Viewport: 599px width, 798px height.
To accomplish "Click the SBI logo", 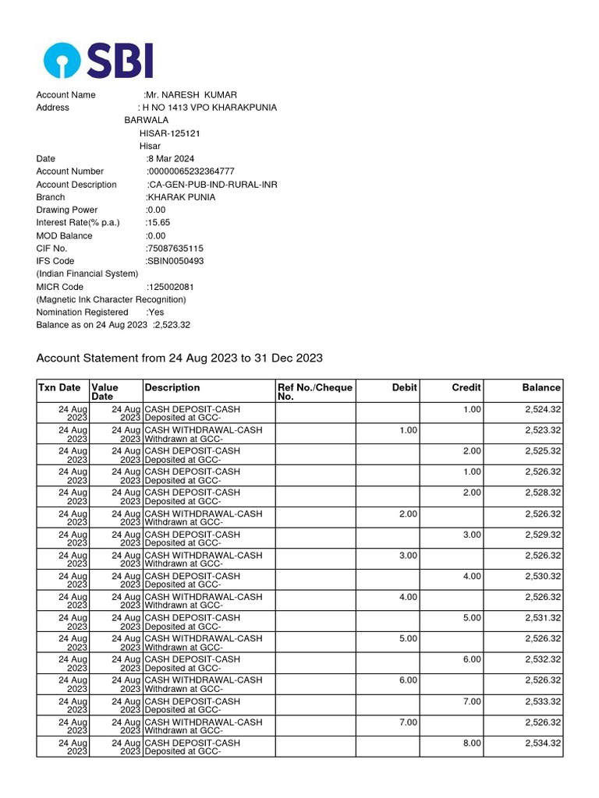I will pos(98,60).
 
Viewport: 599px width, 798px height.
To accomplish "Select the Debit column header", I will pos(405,387).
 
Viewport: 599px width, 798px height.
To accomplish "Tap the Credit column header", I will pos(466,387).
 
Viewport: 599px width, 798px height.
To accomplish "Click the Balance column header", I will pos(541,387).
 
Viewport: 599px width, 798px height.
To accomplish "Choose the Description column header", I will pos(172,387).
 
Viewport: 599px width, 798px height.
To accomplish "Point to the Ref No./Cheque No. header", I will pos(315,392).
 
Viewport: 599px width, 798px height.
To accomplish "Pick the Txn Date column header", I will pos(59,387).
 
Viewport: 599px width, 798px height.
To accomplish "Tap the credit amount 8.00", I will pos(472,743).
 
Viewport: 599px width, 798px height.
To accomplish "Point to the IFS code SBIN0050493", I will pos(175,261).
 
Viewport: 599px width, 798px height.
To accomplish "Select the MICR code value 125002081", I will pos(172,287).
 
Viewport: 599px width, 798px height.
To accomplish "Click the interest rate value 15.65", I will pos(158,223).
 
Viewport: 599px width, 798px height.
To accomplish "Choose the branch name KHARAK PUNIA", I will pos(181,197).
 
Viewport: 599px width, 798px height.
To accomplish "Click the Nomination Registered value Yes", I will pos(155,312).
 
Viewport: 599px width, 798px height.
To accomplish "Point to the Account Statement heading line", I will pos(179,358).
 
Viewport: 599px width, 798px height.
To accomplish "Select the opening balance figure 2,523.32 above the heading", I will pos(172,325).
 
